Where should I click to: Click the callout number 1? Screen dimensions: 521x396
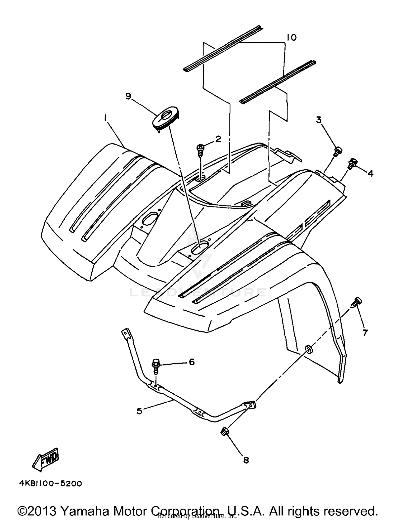pos(105,119)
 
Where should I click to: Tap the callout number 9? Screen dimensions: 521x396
pos(128,97)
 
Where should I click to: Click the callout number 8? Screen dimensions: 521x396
pos(246,460)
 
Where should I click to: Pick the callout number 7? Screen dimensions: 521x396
pos(365,333)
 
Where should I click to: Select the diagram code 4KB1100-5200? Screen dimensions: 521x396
pos(50,484)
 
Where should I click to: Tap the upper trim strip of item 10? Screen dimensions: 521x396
pos(223,48)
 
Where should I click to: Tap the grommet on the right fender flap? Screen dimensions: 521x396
pos(308,349)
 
